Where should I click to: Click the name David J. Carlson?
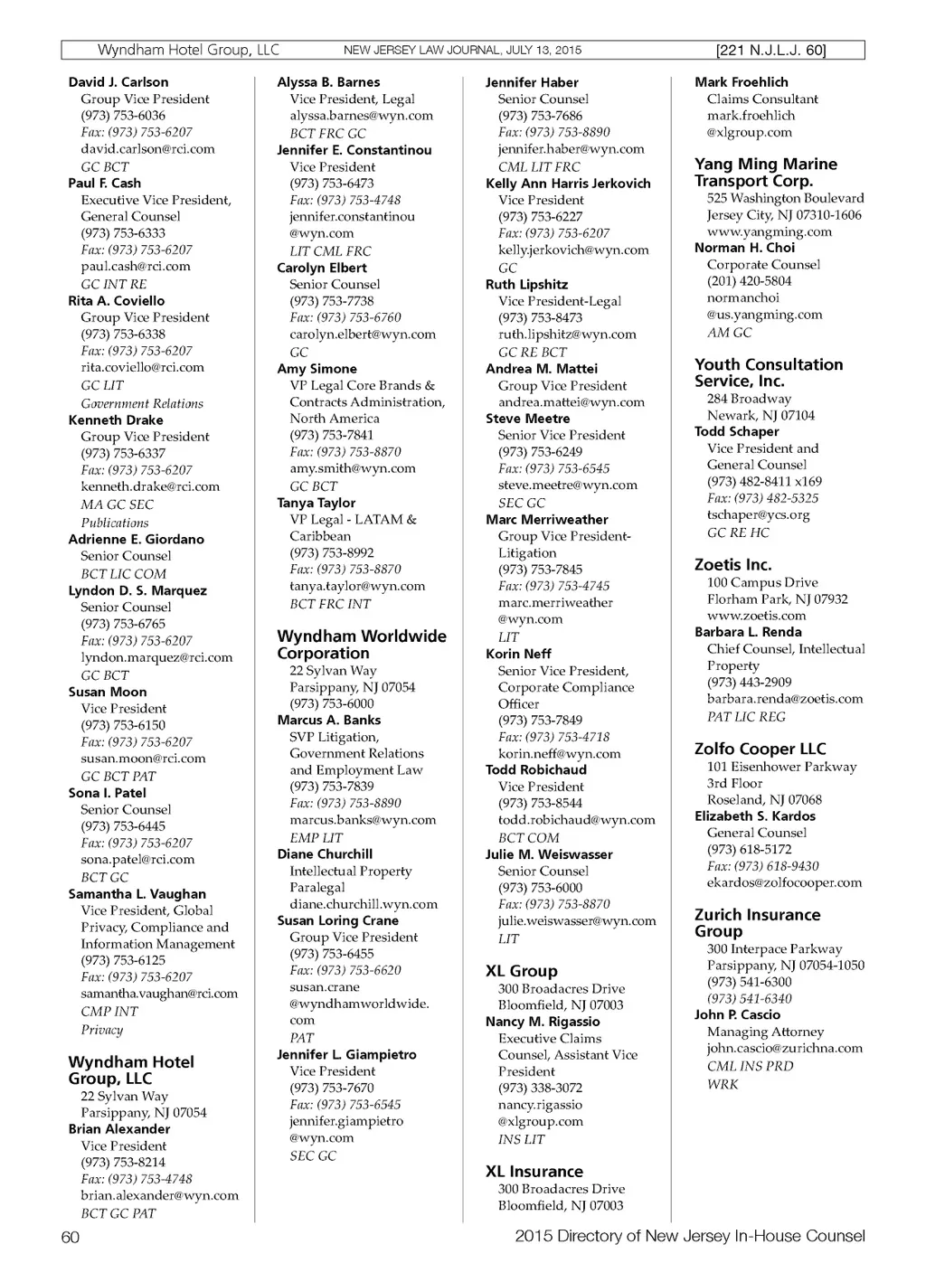(118, 82)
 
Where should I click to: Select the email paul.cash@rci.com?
(136, 267)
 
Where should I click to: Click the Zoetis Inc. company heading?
(732, 564)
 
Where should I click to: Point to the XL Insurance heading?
(534, 1171)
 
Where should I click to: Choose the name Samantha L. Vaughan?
(137, 894)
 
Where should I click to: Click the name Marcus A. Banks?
(328, 721)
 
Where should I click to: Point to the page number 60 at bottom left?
(71, 1237)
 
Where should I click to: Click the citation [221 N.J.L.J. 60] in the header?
(770, 51)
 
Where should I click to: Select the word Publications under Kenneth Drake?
(115, 523)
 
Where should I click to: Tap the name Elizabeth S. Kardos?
(754, 816)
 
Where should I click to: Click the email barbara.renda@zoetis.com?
(784, 699)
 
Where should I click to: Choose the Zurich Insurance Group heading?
(757, 922)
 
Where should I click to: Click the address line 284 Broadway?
(749, 399)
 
